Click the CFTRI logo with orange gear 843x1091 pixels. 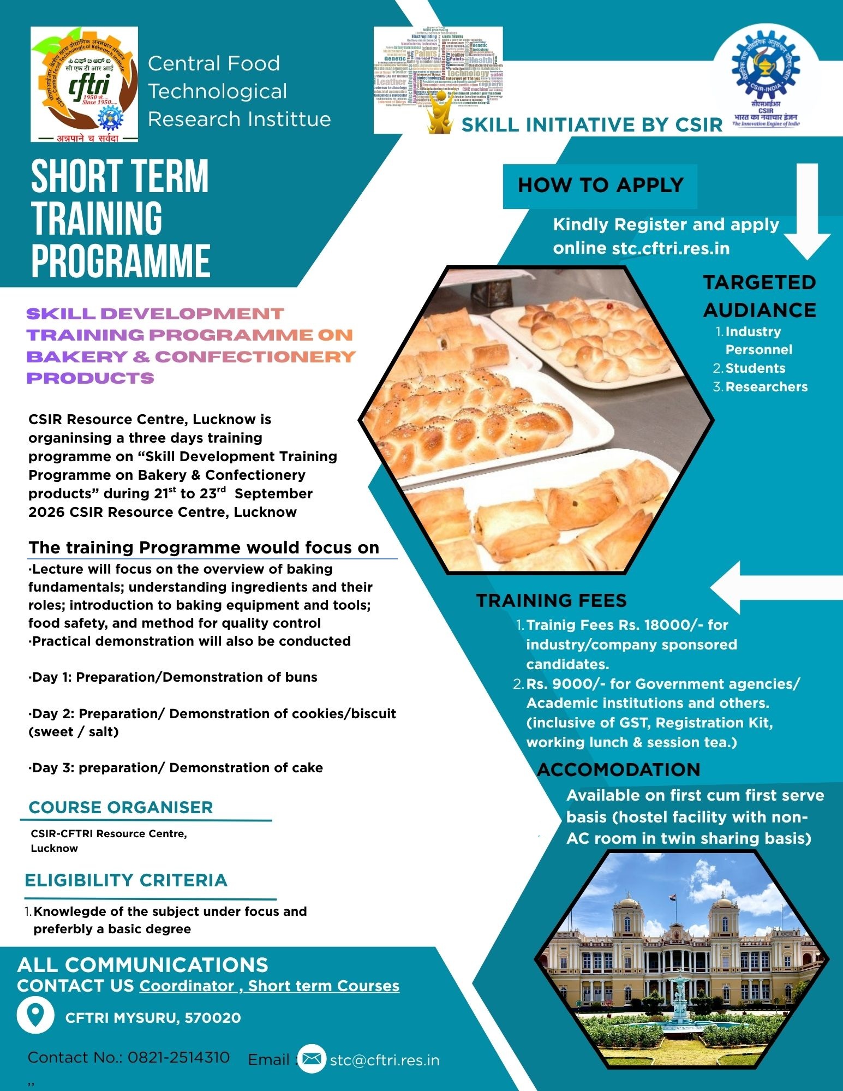(84, 84)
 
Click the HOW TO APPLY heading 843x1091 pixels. (600, 186)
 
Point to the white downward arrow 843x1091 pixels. (807, 213)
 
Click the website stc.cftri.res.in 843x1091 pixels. (671, 248)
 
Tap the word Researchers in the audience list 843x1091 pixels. (766, 387)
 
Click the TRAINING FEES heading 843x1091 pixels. (551, 600)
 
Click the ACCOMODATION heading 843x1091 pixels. (619, 770)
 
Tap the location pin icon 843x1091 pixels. (35, 1016)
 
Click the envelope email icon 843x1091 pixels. (312, 1059)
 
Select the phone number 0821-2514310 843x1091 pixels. (178, 1058)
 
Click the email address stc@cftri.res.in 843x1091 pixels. (385, 1060)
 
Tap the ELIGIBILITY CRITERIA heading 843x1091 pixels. (126, 880)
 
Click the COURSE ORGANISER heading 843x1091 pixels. (121, 807)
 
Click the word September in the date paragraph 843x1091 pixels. (273, 494)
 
